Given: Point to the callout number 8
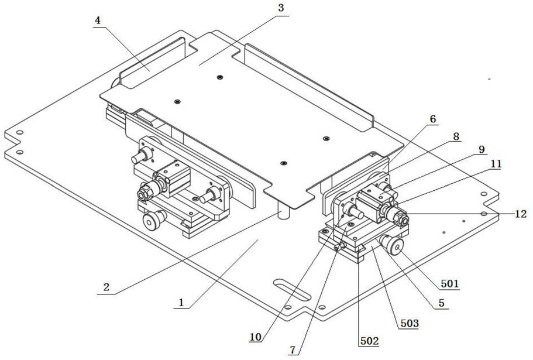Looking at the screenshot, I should (x=456, y=136).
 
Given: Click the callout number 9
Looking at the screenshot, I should (x=481, y=150).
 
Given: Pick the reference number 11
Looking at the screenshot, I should (x=496, y=165).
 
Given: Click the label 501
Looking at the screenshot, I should (x=451, y=285).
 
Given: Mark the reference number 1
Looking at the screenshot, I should (x=181, y=303).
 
